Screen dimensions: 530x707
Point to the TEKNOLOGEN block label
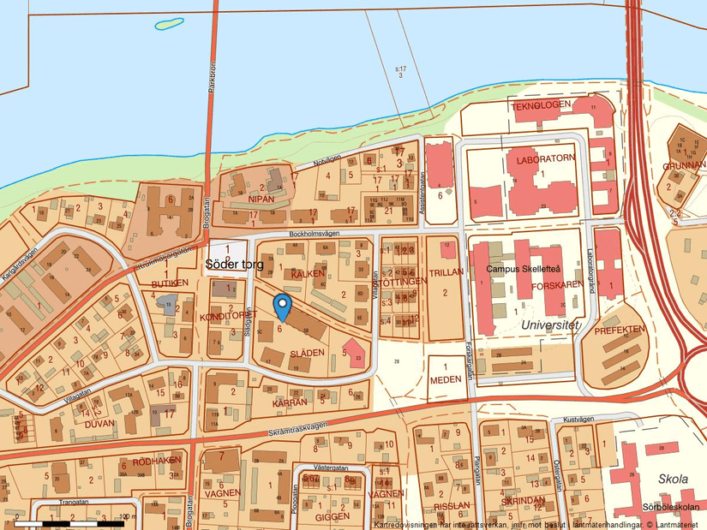[x=541, y=105]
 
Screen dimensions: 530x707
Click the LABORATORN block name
[x=545, y=159]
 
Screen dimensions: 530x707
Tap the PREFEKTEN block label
[x=620, y=329]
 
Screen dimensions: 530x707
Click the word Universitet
[x=549, y=326]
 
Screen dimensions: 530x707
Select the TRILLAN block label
[x=446, y=271]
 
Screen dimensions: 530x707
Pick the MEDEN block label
[x=445, y=379]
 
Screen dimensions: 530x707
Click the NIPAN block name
[x=261, y=199]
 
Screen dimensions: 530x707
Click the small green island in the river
[x=169, y=24]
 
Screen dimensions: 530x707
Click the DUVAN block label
[x=99, y=422]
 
